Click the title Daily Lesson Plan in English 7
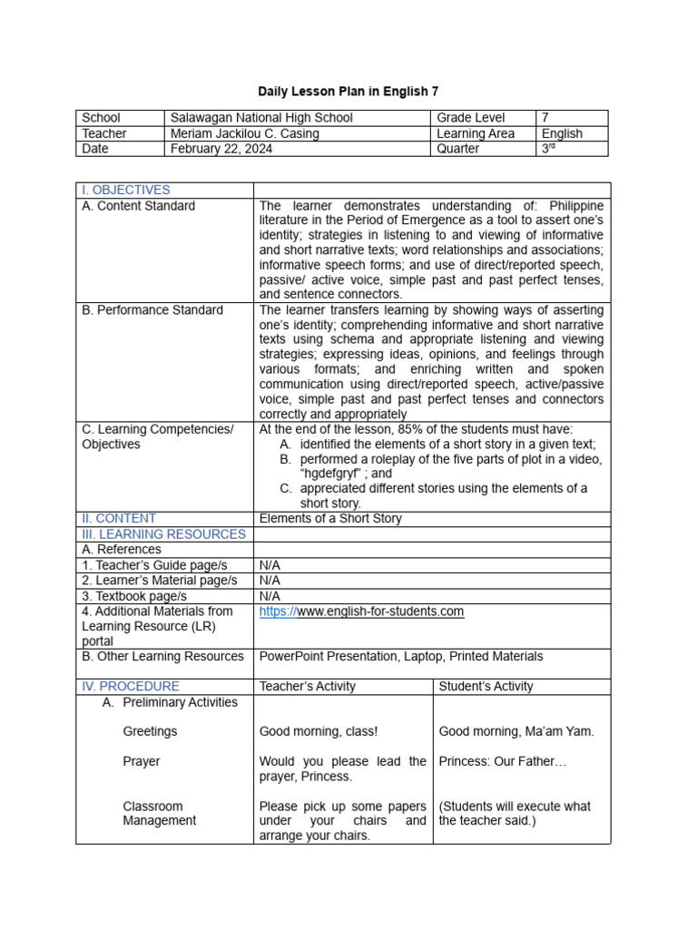pos(348,92)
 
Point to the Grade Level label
pos(471,118)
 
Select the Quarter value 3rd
pos(547,149)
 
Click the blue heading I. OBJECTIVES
pos(126,190)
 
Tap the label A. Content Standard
pos(138,206)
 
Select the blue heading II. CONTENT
pos(119,519)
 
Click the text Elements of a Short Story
pos(330,519)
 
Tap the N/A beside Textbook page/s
pos(270,596)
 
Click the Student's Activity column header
pos(486,687)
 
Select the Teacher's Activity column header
pos(308,687)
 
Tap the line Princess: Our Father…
pos(502,761)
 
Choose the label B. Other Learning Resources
pos(162,656)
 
